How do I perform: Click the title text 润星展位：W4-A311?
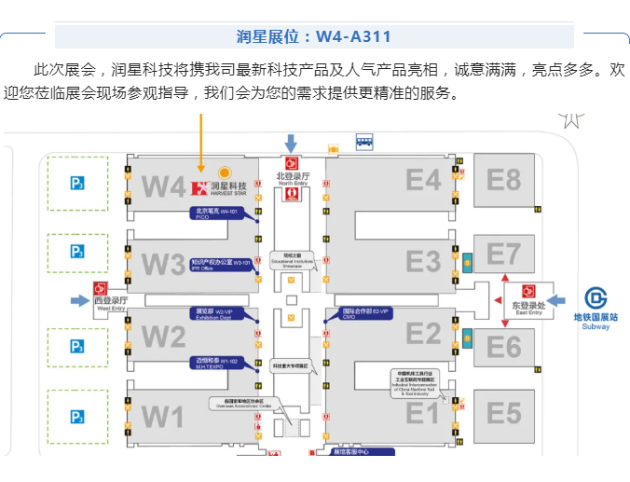(314, 37)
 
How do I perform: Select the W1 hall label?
(162, 416)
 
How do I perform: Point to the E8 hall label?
(503, 178)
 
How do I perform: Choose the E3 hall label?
(422, 259)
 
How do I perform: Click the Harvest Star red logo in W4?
(198, 188)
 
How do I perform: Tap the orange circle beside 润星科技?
(224, 172)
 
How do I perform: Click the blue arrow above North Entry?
(291, 144)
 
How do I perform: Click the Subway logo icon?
(596, 297)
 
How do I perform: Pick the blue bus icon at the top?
(363, 142)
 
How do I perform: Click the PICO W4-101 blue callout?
(217, 213)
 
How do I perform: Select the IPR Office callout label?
(221, 265)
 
